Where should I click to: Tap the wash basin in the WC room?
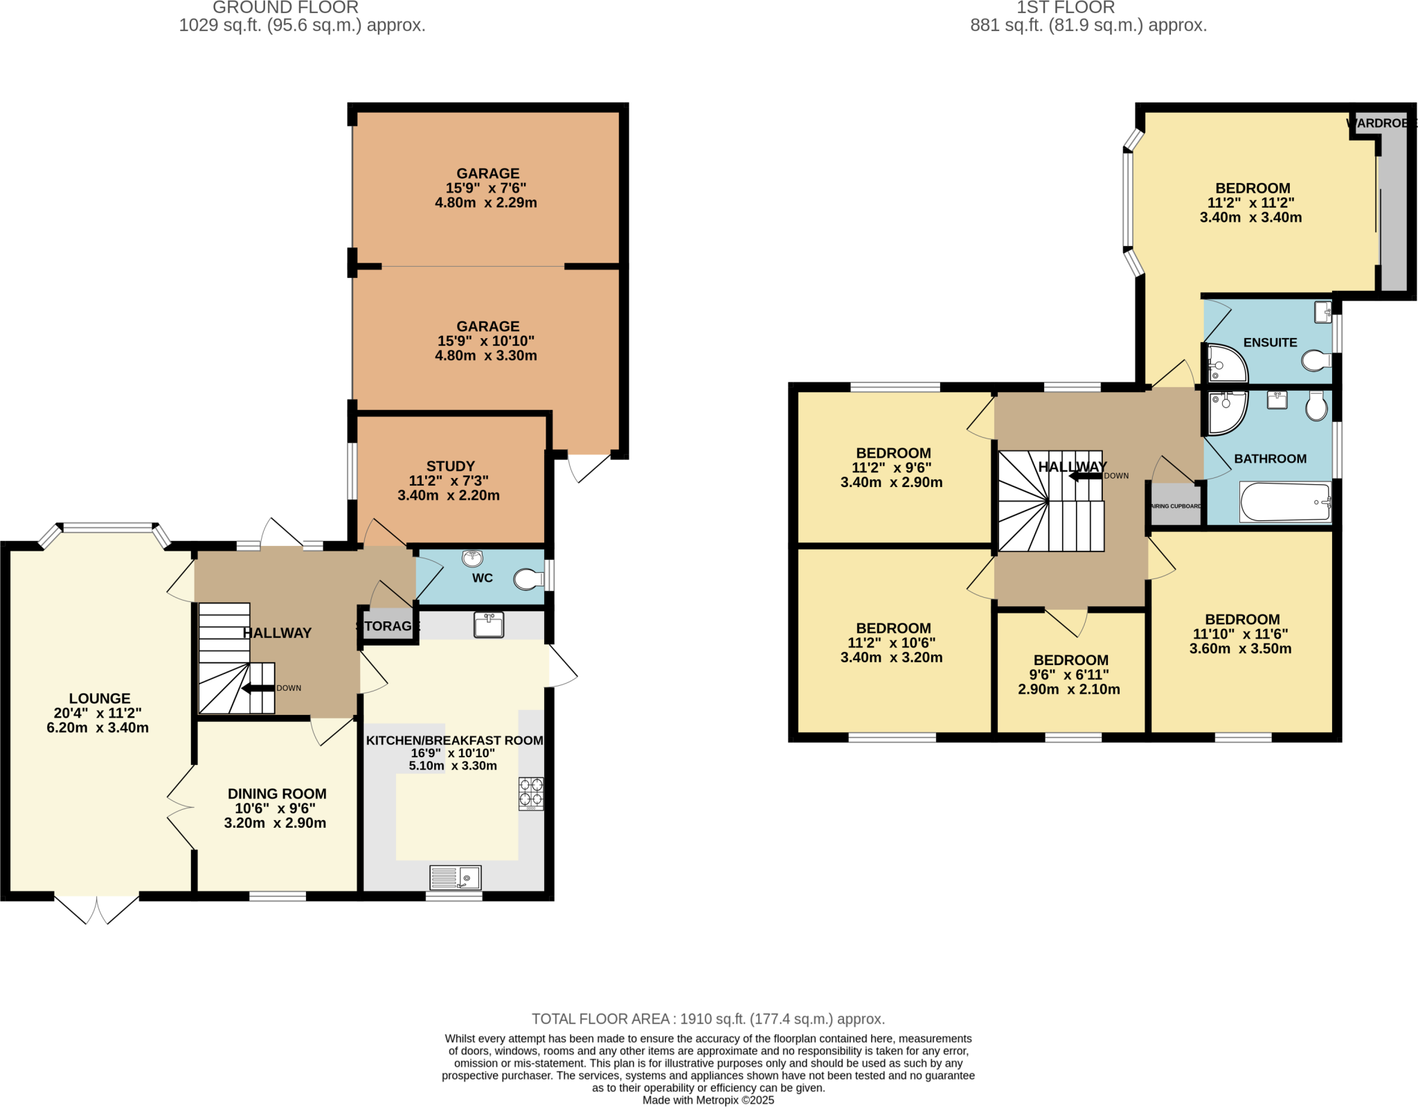(x=473, y=558)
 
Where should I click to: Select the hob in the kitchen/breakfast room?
(x=531, y=793)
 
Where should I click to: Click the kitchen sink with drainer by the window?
(x=455, y=878)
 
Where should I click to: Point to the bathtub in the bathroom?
(x=1284, y=502)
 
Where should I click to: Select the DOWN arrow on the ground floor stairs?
(x=258, y=688)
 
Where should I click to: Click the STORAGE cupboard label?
(x=388, y=626)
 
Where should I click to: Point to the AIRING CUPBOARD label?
(x=1176, y=506)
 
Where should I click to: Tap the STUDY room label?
(x=451, y=466)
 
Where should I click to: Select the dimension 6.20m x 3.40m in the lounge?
(x=98, y=727)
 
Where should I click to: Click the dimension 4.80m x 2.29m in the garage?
(x=486, y=203)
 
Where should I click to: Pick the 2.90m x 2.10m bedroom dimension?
(x=1069, y=689)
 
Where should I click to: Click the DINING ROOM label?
(x=277, y=794)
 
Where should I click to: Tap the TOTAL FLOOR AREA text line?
(x=708, y=1019)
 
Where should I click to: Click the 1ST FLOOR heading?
(x=1065, y=8)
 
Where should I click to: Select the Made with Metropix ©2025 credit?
(x=708, y=1100)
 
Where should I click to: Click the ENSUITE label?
(x=1270, y=342)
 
